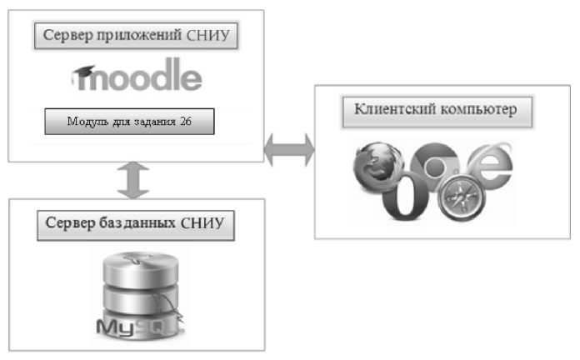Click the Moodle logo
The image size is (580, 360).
tap(136, 77)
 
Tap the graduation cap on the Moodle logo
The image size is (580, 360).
tap(83, 76)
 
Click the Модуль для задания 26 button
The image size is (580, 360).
tap(129, 122)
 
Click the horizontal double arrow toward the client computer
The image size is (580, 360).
tap(289, 150)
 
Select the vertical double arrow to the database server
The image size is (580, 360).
tap(132, 180)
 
